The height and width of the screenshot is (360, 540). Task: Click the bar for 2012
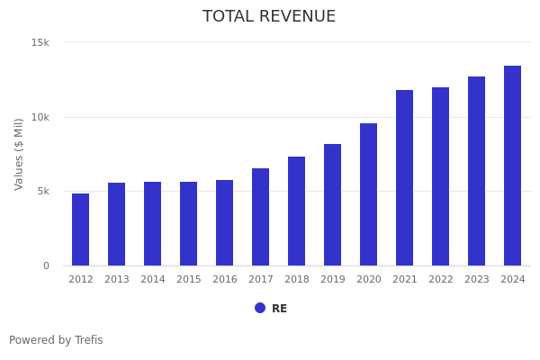(81, 229)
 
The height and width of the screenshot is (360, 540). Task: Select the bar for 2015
(189, 224)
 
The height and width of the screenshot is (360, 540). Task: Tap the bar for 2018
(297, 211)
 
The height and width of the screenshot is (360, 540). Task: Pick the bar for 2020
(369, 194)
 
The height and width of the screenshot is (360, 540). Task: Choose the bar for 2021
(405, 178)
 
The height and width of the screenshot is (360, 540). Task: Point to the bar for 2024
(513, 166)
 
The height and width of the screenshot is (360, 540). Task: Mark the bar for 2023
(477, 171)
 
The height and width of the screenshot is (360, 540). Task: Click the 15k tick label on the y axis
(40, 42)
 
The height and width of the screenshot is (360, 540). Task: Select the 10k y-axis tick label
(40, 117)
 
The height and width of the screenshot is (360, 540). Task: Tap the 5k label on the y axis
(43, 191)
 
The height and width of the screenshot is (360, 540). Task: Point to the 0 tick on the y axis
(47, 265)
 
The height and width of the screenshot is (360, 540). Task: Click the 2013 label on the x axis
(117, 280)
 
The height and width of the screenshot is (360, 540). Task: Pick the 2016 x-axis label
(225, 280)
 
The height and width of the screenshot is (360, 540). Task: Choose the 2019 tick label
(333, 280)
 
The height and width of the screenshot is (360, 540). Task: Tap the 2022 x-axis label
(441, 280)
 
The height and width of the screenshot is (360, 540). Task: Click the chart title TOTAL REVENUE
(269, 17)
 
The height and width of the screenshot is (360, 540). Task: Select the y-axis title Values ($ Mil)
(20, 154)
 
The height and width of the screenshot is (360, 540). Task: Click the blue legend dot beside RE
(260, 308)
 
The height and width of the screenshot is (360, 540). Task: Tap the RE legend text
(280, 309)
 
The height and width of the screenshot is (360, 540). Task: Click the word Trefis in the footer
(88, 340)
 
